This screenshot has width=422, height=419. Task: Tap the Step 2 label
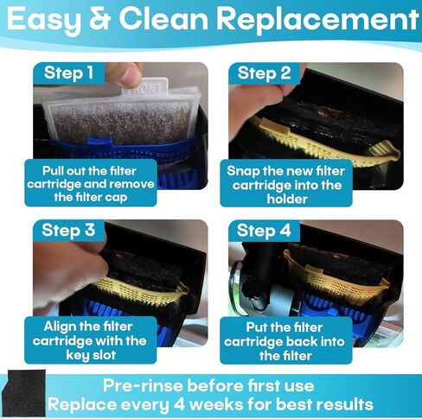(264, 73)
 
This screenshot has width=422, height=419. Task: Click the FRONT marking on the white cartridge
(146, 86)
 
